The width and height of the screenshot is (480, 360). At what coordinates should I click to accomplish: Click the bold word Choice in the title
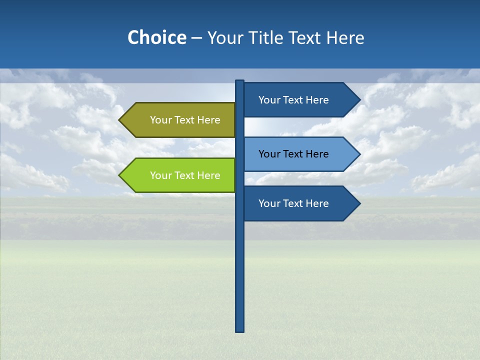[156, 37]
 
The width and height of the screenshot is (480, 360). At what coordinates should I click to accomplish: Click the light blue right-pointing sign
[300, 154]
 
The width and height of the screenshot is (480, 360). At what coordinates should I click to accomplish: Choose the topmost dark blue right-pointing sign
[300, 100]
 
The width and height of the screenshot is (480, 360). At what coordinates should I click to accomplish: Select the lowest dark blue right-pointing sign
[300, 203]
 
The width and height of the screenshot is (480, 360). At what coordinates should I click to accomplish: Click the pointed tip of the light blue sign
[358, 154]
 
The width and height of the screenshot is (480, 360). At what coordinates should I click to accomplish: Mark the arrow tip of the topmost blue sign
[358, 100]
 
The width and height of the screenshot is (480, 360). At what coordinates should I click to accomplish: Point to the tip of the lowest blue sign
[358, 203]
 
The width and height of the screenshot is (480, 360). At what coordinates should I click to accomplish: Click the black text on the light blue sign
[293, 154]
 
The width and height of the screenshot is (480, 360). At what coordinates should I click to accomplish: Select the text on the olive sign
[185, 120]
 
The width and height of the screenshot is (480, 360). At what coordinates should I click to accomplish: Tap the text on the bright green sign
[185, 175]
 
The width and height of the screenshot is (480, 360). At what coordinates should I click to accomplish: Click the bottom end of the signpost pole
[239, 329]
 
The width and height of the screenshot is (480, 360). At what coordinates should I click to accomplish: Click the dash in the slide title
[196, 38]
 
